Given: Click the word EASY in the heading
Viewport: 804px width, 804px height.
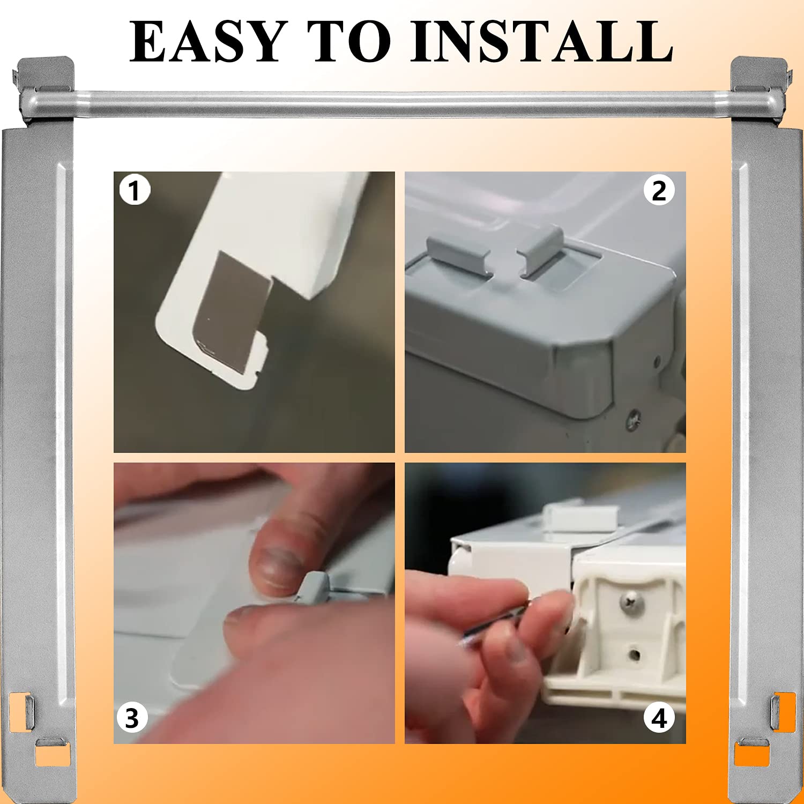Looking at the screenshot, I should [206, 42].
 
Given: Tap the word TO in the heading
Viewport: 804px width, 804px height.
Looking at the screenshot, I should [349, 42].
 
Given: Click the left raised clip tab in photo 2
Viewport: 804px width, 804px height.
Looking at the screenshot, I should [459, 255].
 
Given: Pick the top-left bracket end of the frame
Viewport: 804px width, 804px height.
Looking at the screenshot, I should [46, 88].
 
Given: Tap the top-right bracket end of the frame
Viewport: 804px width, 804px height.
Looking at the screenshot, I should [758, 88].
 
